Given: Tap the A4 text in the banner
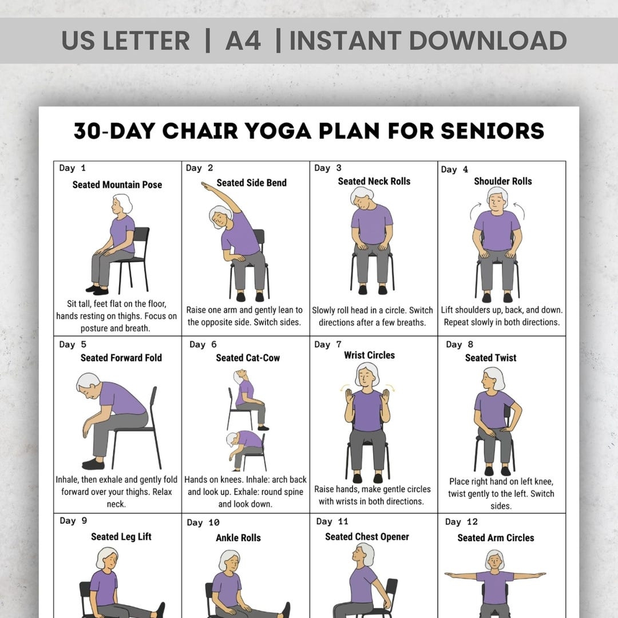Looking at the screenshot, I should pos(243,41).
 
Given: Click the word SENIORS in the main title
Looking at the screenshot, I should pos(492,131).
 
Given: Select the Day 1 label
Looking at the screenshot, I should pos(72,168).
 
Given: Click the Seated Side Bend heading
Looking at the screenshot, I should pos(251,183).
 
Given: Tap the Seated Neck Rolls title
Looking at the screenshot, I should pos(374,181).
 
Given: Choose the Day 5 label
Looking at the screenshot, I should pos(73,344).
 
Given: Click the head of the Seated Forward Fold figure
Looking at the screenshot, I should pos(88,383).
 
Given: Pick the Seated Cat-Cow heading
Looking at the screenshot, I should pos(248,358).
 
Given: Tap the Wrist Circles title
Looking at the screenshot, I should pos(369,355).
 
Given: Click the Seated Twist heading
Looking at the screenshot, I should pos(490,358).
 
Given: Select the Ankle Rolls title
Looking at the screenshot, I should pos(238,538).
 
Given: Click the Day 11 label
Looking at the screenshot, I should pos(332,521).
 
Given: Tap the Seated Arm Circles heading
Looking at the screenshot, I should pos(496,538).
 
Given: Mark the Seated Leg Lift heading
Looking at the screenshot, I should pos(121,537).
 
